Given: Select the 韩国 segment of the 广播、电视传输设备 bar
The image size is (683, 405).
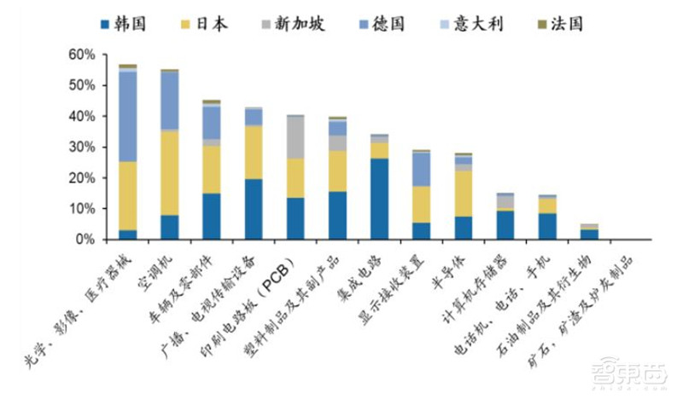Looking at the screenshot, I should tap(254, 209).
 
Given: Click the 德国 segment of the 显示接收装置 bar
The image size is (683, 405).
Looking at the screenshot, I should tap(421, 170).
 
